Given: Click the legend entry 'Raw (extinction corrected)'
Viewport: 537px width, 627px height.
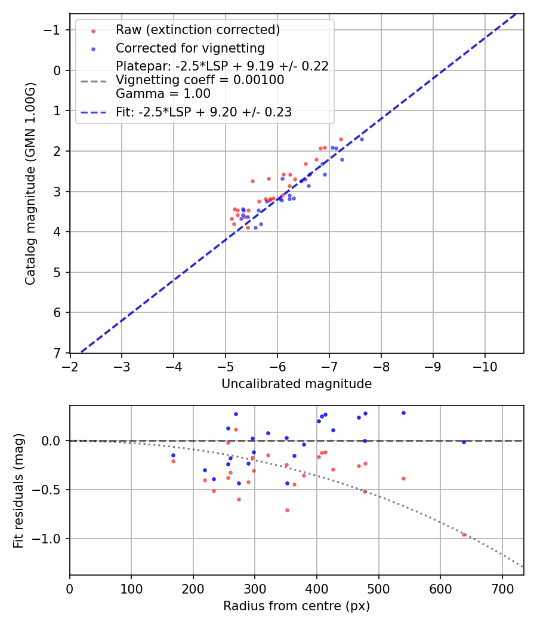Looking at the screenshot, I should [197, 29].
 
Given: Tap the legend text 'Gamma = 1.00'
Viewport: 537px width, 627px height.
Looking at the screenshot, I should [163, 94].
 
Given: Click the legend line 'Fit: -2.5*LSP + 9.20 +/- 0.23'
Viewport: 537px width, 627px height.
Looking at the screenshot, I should [203, 112].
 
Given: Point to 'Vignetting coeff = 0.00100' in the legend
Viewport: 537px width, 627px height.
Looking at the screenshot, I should [200, 80].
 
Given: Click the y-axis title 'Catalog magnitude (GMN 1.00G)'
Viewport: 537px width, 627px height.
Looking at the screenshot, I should [30, 184].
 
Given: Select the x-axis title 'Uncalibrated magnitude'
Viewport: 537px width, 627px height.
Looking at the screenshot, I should [297, 384].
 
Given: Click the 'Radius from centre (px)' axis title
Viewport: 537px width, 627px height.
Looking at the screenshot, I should [297, 606].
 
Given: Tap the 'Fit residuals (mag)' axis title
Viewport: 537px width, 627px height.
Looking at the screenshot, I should [18, 490].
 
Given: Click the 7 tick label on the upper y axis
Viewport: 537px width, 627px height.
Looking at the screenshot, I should [57, 353].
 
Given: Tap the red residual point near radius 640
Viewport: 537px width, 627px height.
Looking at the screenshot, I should [464, 534].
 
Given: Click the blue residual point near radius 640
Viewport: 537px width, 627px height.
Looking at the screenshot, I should [464, 442].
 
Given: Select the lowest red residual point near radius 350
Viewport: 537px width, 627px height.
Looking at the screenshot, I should [287, 510].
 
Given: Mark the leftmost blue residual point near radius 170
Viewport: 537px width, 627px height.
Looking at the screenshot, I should [173, 455].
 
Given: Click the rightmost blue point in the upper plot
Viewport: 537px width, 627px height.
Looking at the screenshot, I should [362, 139].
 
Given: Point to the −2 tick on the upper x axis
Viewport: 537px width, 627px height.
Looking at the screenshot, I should [70, 365].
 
